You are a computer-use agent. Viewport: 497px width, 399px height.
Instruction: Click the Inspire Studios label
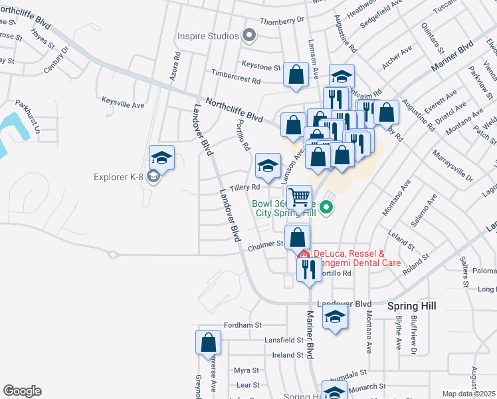coord(207,36)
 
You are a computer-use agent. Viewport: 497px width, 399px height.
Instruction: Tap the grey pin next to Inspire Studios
coord(250,35)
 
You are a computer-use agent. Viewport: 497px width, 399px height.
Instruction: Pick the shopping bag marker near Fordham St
coord(208,342)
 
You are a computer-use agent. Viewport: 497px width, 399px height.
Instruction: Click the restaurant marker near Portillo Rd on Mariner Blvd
coord(308,269)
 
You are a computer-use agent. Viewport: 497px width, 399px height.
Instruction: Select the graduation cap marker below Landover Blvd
coord(335,317)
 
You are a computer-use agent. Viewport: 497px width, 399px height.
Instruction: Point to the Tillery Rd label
coord(244,188)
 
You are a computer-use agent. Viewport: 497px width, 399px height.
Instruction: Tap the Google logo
coord(22,391)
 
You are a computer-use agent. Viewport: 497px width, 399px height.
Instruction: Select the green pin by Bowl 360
coord(326,208)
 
